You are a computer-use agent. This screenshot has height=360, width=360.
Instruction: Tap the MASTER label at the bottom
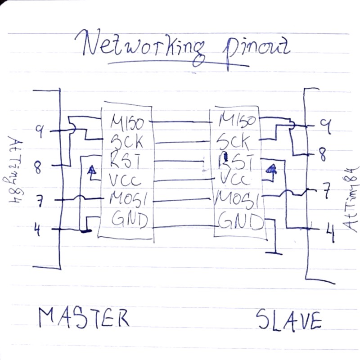(x=84, y=318)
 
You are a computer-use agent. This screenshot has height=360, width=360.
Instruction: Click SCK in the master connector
(x=128, y=142)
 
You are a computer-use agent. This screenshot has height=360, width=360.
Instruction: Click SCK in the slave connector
(x=234, y=142)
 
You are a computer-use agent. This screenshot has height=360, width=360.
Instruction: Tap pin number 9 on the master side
(x=40, y=131)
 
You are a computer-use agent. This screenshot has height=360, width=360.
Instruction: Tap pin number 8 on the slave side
(x=322, y=155)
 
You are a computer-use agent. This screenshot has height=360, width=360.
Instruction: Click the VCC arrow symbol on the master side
(x=92, y=171)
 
